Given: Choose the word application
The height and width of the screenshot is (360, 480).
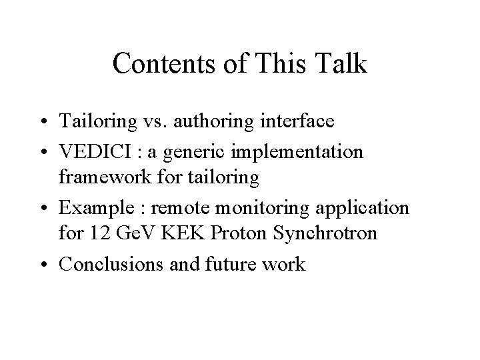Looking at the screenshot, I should tap(360, 208).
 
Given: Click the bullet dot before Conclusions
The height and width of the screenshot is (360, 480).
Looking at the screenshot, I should tap(49, 265).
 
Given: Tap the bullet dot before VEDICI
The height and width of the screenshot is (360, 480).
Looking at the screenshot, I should tap(49, 152).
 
